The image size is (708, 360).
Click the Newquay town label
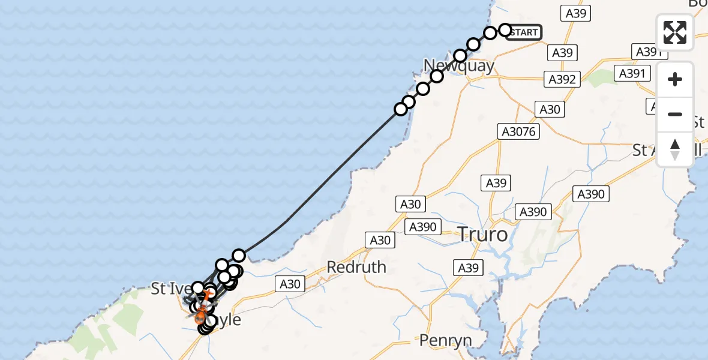pyautogui.click(x=459, y=66)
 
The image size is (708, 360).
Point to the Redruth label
pyautogui.click(x=356, y=267)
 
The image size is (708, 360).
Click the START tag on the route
pyautogui.click(x=523, y=32)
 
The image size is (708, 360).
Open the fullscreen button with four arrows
pyautogui.click(x=675, y=32)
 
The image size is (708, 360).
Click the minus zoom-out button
pyautogui.click(x=675, y=114)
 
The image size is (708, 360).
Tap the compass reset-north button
pyautogui.click(x=675, y=149)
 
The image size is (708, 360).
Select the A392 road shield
pyautogui.click(x=562, y=79)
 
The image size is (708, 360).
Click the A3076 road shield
pyautogui.click(x=519, y=131)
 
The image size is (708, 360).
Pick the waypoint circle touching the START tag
pyautogui.click(x=505, y=30)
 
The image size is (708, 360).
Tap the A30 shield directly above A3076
pyautogui.click(x=550, y=109)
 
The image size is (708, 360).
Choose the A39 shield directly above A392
pyautogui.click(x=562, y=53)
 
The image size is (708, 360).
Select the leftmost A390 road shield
pyautogui.click(x=424, y=227)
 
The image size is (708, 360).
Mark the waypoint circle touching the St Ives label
pyautogui.click(x=197, y=288)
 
